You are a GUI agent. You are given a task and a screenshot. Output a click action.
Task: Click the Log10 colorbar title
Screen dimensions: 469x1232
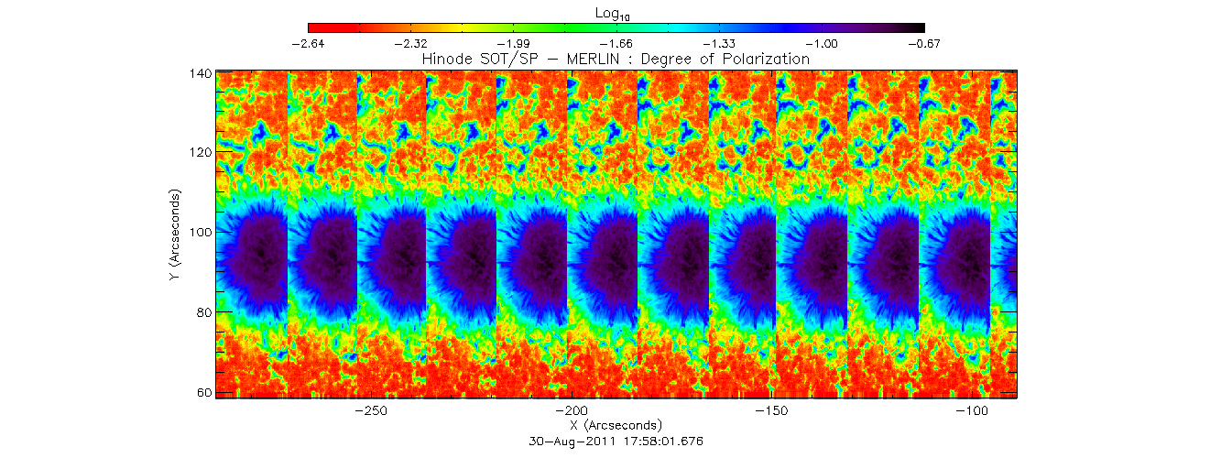[616, 14]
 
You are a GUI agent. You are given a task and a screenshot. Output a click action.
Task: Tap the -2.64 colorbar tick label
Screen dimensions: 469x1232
[308, 43]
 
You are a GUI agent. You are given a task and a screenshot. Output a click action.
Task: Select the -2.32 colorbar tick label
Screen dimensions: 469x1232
[410, 43]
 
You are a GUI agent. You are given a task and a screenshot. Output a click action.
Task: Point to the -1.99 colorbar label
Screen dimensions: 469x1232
[513, 43]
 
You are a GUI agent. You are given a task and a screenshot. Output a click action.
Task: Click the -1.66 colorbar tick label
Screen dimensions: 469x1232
[616, 43]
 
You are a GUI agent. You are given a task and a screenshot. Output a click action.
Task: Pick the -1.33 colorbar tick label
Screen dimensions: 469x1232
[718, 43]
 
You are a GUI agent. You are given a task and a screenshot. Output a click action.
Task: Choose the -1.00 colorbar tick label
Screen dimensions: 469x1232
[821, 43]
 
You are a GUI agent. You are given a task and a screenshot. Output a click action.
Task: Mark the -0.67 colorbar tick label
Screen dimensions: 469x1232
[923, 43]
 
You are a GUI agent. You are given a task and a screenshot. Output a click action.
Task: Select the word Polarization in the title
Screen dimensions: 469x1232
[767, 59]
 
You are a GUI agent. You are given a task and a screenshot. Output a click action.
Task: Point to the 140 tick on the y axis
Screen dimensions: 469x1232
[201, 72]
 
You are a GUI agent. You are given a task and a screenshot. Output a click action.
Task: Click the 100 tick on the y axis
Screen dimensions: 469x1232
[201, 232]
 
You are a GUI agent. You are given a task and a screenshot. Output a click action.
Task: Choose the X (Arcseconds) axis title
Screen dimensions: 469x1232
[616, 425]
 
